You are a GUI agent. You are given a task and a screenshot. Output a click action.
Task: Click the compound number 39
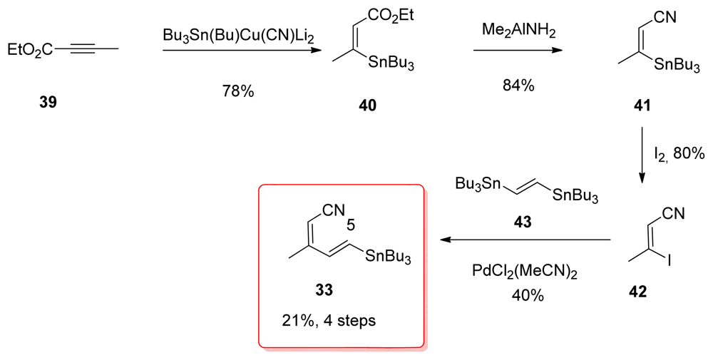click(49, 102)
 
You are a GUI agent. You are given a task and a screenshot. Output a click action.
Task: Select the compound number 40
click(368, 106)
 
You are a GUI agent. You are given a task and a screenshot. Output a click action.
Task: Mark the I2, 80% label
click(679, 153)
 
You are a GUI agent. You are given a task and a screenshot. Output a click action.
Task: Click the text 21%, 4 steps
click(329, 320)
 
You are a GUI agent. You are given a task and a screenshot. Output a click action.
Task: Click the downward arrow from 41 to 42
click(642, 154)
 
